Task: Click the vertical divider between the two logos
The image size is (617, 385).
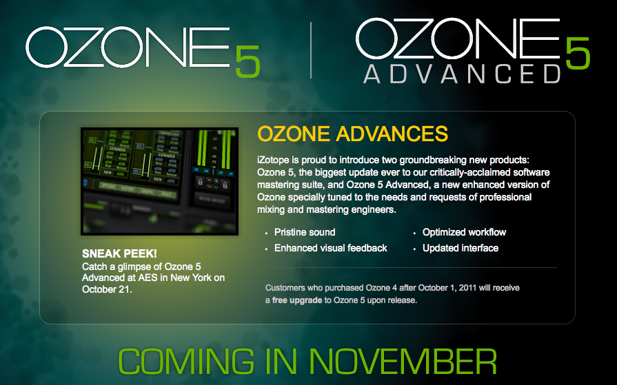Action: (x=311, y=50)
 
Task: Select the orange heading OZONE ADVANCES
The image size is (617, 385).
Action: (x=352, y=134)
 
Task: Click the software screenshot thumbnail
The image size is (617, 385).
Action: (x=159, y=181)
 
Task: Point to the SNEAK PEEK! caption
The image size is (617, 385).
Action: (x=119, y=253)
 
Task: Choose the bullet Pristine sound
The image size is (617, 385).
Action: (x=305, y=232)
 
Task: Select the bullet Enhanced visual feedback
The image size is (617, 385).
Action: (x=331, y=248)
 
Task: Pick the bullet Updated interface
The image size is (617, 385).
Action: (x=460, y=248)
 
